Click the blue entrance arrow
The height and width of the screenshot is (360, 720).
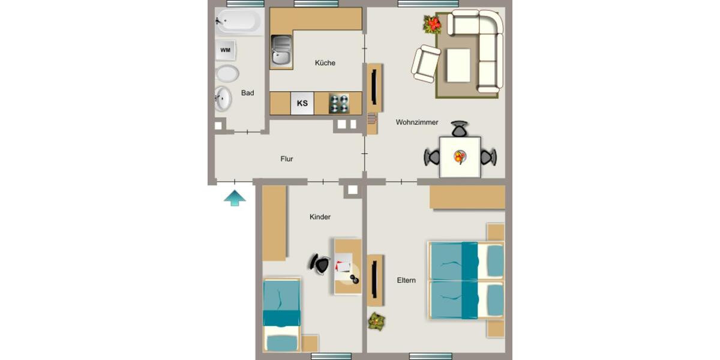[235, 198]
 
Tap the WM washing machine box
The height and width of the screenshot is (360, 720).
[226, 50]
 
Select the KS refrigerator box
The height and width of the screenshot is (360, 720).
[302, 103]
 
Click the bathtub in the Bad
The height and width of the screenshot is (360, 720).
[239, 22]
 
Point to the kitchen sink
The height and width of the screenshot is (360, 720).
[281, 50]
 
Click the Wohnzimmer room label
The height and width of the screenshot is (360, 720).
[417, 122]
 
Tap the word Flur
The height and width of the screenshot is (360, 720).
[287, 159]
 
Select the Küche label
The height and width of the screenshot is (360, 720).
[325, 63]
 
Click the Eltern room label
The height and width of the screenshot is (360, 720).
[406, 280]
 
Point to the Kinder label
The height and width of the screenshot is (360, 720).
[320, 217]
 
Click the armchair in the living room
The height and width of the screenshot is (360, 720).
[425, 64]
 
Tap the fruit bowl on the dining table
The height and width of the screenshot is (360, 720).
[460, 157]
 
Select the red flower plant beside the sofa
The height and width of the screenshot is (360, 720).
[432, 25]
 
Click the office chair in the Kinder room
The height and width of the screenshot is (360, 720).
[320, 264]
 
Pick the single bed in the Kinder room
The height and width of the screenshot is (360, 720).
[281, 315]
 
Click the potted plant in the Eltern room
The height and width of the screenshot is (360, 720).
[377, 321]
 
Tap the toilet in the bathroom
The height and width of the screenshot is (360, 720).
[227, 74]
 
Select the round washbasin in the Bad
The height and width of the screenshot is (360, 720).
[223, 99]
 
